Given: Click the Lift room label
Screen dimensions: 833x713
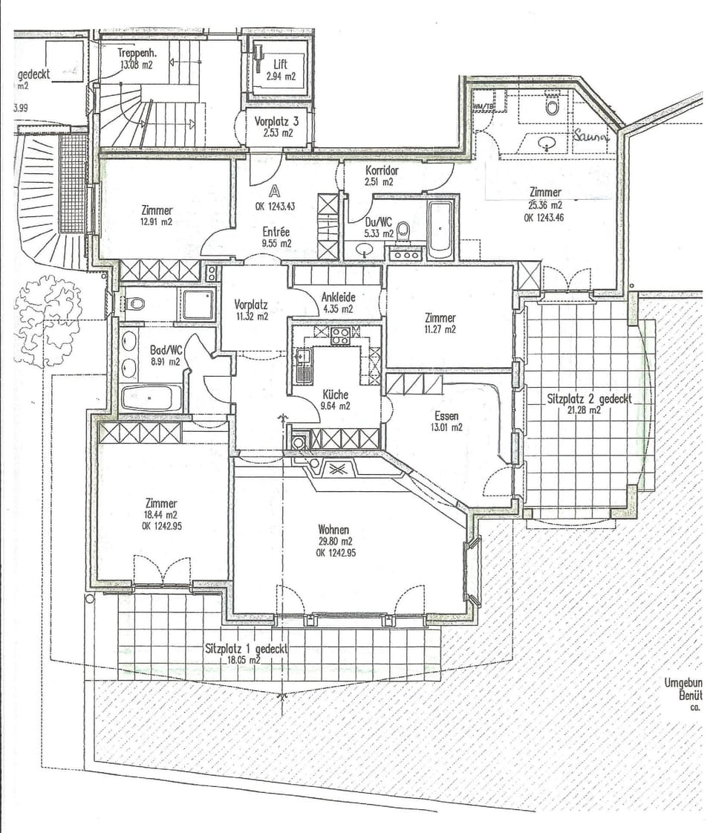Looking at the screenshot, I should tap(280, 65).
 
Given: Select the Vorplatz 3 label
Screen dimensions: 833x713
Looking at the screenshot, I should tap(276, 120).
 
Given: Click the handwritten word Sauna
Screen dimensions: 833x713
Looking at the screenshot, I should tap(590, 137).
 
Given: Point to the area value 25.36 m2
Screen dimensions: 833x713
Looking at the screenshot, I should tap(544, 205).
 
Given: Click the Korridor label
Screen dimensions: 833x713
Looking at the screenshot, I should tap(382, 170).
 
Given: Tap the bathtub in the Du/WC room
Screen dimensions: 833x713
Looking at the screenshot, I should tap(440, 229).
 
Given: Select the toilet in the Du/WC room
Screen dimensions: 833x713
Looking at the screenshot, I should tap(403, 233).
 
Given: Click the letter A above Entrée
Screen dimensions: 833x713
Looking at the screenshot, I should tap(276, 191).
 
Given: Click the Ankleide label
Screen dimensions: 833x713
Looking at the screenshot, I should tap(338, 296).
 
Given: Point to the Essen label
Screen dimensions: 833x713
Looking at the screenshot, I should tap(446, 415).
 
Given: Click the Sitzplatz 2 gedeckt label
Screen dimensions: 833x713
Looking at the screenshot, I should tap(589, 399).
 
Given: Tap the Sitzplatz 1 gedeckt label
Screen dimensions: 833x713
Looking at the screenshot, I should tap(246, 648).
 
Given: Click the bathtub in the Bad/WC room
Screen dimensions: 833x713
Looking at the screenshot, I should tap(146, 398).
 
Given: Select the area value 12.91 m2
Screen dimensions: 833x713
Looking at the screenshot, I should tap(156, 221).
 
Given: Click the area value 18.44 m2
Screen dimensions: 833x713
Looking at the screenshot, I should tap(161, 514).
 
